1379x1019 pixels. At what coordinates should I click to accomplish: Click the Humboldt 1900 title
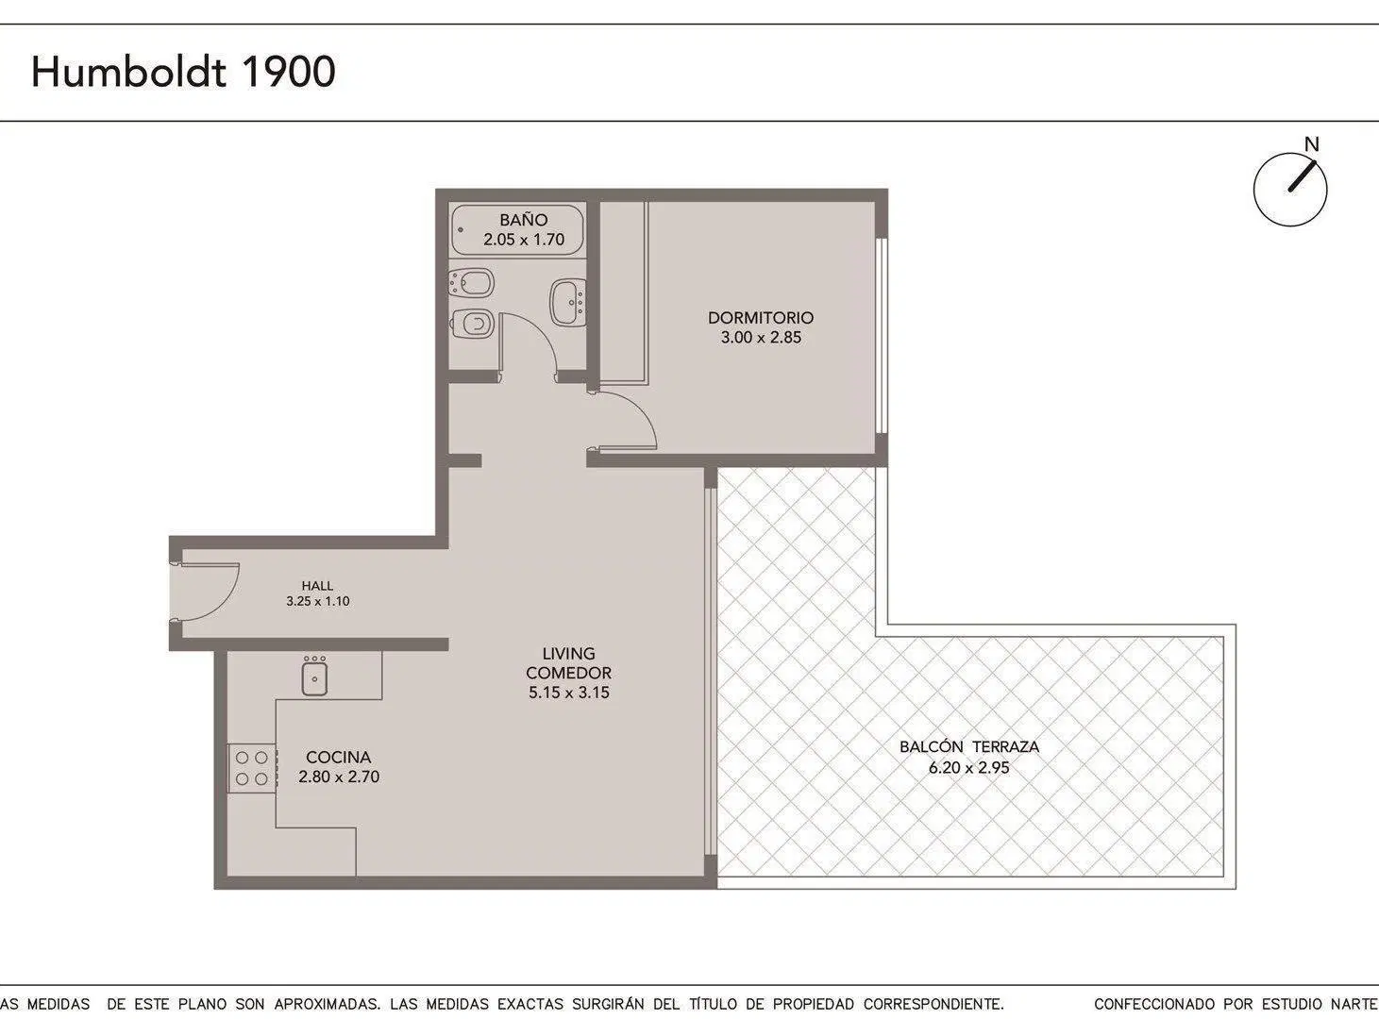(183, 72)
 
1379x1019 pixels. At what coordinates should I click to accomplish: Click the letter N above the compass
(1311, 144)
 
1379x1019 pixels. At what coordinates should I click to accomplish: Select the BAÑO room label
(524, 220)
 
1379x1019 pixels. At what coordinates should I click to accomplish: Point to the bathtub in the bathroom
(517, 230)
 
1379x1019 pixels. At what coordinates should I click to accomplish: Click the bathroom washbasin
(568, 302)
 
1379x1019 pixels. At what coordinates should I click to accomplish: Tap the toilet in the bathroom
(473, 324)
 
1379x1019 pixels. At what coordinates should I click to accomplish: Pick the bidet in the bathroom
(472, 283)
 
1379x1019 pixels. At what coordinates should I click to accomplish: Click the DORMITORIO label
(761, 318)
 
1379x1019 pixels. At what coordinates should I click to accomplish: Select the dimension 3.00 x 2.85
(761, 338)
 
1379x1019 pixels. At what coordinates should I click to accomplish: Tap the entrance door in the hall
(205, 592)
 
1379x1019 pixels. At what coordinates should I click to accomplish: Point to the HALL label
(317, 586)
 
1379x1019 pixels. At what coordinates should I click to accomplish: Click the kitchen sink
(314, 676)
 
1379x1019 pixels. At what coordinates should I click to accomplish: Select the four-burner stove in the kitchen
(252, 768)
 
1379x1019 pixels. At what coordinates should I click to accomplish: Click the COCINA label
(338, 758)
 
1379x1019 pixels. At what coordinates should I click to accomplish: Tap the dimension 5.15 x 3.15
(569, 693)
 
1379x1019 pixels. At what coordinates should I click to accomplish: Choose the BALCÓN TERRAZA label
(969, 746)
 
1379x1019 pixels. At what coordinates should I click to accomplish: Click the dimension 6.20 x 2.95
(969, 768)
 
